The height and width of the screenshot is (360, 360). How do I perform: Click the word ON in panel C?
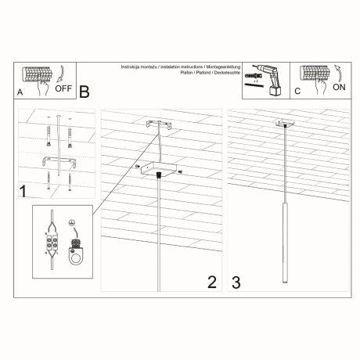click(x=338, y=88)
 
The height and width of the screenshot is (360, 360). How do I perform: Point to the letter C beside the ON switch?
click(x=297, y=92)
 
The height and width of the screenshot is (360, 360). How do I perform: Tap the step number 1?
click(x=23, y=190)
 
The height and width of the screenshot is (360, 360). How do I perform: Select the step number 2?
click(x=211, y=282)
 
